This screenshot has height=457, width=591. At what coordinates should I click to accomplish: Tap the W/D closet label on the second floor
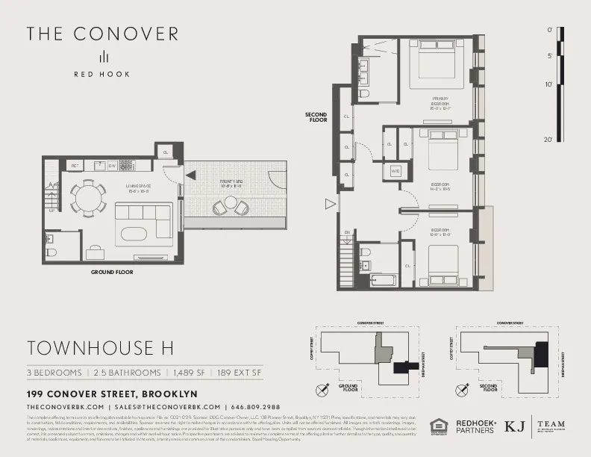[x=396, y=172]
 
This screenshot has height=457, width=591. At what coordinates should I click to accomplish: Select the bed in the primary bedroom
[x=436, y=66]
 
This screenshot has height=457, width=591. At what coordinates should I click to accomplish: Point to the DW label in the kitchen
[x=112, y=166]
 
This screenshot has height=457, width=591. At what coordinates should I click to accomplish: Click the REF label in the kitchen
[x=75, y=166]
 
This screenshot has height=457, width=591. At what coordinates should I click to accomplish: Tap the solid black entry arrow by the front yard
[x=191, y=175]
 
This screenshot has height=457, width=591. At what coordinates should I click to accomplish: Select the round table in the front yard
[x=231, y=203]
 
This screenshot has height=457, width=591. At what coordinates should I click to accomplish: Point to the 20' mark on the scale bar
[x=549, y=140]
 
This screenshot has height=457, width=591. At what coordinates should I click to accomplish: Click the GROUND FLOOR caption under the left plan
[x=112, y=273]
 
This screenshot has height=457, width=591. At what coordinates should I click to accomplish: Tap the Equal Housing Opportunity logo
[x=438, y=426]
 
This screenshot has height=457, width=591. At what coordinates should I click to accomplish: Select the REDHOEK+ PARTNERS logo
[x=473, y=426]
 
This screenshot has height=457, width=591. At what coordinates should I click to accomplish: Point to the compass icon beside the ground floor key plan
[x=322, y=388]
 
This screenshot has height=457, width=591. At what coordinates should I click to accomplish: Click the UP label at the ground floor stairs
[x=51, y=211]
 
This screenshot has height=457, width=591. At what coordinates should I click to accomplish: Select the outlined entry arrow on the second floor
[x=329, y=203]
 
